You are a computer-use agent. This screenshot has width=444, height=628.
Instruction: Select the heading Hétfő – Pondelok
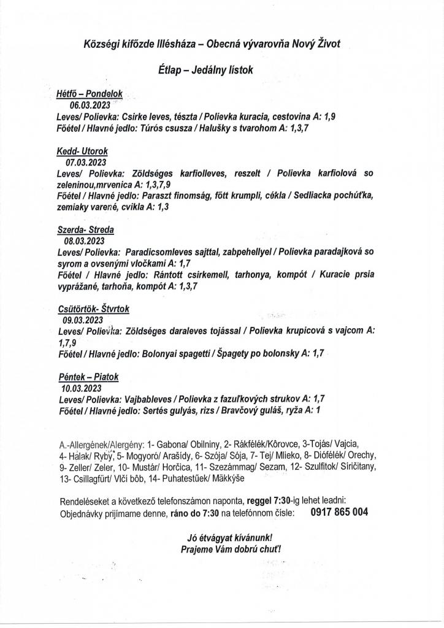[x=90, y=94]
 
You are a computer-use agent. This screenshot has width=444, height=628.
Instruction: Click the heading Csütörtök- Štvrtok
[x=92, y=309]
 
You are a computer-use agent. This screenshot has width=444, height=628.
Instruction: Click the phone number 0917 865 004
[x=340, y=511]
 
